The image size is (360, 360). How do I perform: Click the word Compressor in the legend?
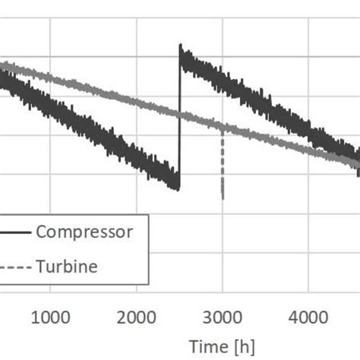point(84,232)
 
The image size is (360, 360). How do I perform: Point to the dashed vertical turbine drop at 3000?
point(223,163)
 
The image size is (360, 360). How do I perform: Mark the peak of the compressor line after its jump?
point(181,47)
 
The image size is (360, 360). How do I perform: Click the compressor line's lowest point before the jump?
point(178,188)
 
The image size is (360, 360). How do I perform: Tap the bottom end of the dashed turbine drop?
point(223,197)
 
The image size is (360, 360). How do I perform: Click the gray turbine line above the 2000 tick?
point(137,104)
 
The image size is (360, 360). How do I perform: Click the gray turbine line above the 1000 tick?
point(50,78)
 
